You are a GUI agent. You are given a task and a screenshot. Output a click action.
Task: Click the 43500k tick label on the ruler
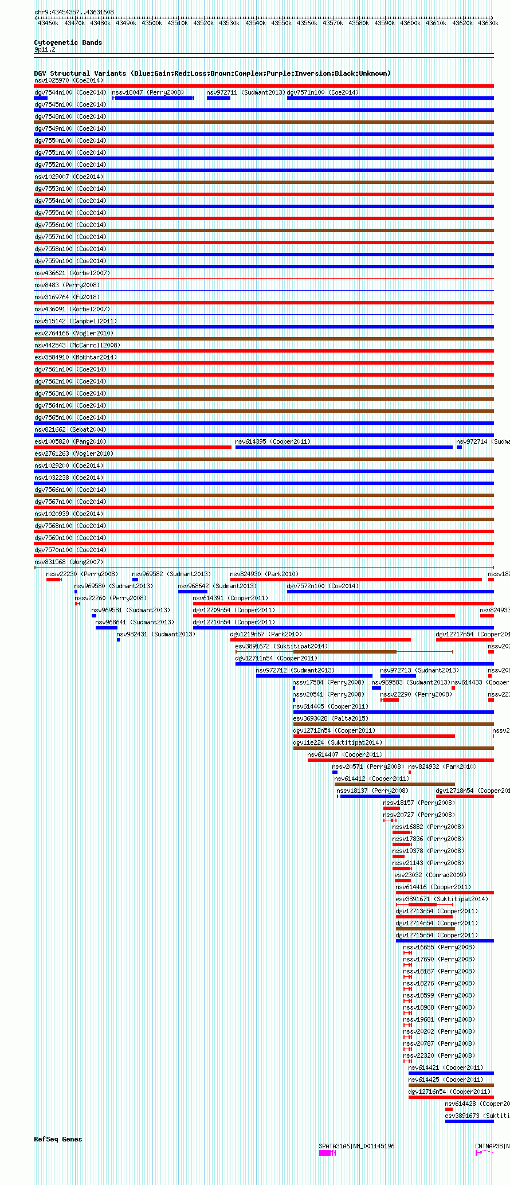(x=152, y=23)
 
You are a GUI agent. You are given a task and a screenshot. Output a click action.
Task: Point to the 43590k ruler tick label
(x=385, y=23)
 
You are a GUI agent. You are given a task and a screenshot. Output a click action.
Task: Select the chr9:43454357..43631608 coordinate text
(x=74, y=12)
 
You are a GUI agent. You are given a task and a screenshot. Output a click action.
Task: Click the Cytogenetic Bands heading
(x=68, y=42)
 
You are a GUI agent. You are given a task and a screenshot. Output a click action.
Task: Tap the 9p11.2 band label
(x=45, y=49)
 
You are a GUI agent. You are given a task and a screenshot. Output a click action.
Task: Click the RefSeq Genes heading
(x=58, y=1139)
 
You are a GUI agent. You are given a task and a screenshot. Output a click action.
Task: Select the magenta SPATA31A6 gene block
(x=325, y=1153)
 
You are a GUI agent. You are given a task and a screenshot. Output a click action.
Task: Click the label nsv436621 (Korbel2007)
(x=72, y=273)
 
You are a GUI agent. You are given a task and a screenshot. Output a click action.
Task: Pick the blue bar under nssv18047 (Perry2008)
(x=153, y=98)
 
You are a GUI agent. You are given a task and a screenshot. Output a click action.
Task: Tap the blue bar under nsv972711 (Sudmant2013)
(x=218, y=98)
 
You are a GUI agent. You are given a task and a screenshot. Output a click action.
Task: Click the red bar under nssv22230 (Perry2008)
(x=53, y=580)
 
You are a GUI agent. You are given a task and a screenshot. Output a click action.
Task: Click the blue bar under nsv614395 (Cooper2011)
(x=344, y=447)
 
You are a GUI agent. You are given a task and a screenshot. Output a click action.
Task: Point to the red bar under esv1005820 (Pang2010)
(x=132, y=447)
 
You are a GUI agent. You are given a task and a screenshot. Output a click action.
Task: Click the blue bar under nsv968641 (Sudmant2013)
(x=107, y=628)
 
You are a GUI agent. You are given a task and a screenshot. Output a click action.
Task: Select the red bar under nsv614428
(x=449, y=1109)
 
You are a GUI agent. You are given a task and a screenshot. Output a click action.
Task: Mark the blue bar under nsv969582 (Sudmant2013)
(x=135, y=580)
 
